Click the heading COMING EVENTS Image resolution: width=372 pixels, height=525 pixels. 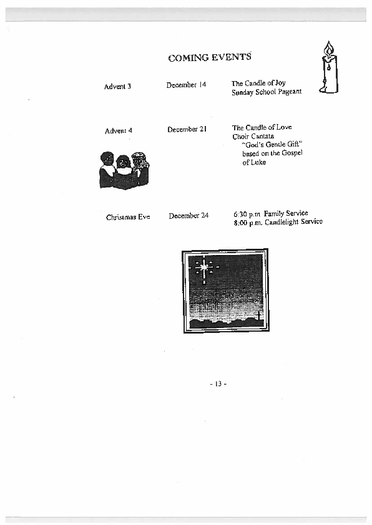210,57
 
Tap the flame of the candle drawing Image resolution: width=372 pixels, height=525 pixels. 329,48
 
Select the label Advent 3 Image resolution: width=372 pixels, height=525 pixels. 117,87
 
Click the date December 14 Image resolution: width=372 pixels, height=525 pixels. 186,85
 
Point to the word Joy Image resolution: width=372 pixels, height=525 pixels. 280,83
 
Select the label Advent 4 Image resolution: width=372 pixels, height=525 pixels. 119,130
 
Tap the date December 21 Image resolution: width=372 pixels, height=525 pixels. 187,129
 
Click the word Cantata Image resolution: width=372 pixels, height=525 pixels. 262,136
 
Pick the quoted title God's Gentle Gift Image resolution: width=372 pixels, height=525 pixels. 272,144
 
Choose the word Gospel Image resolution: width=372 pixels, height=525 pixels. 292,153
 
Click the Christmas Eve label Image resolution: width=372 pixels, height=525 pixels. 128,217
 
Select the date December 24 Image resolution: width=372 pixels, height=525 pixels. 188,216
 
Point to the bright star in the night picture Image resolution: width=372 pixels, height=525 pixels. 203,267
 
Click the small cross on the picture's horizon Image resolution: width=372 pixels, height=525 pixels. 258,315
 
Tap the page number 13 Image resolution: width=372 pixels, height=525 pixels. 218,383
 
